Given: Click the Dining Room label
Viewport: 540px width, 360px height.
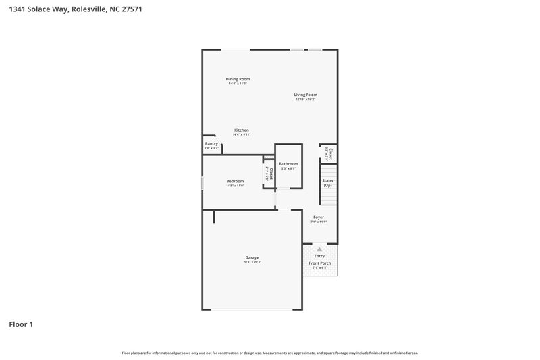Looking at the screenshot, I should [x=238, y=79].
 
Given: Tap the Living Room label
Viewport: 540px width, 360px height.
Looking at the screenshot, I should [x=305, y=95].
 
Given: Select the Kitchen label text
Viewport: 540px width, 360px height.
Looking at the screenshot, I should [x=242, y=130].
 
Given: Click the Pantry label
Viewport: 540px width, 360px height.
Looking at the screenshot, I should [x=211, y=143].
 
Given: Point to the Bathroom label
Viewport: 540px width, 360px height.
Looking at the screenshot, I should [x=288, y=163].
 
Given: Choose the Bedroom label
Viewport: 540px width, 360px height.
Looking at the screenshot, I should [x=235, y=181].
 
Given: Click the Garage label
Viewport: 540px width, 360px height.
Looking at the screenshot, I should [x=252, y=257].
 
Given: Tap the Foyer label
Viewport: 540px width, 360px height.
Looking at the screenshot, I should [x=318, y=217].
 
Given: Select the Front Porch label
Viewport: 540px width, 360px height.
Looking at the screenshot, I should [x=319, y=263].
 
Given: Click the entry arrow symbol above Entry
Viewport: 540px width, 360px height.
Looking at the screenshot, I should [x=319, y=249].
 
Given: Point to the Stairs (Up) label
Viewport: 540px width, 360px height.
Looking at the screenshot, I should [x=328, y=182].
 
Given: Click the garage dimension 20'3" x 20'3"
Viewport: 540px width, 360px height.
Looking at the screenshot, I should [x=252, y=262].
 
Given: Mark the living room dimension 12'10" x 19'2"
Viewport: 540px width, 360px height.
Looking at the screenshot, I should [x=305, y=99].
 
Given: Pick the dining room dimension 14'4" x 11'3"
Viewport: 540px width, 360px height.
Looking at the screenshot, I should [x=238, y=84].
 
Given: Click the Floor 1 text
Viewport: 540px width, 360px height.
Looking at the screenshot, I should [x=20, y=324].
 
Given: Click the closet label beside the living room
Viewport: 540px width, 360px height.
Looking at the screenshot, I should [x=329, y=153].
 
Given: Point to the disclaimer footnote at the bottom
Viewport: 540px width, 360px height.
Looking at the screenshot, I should [x=269, y=353].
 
